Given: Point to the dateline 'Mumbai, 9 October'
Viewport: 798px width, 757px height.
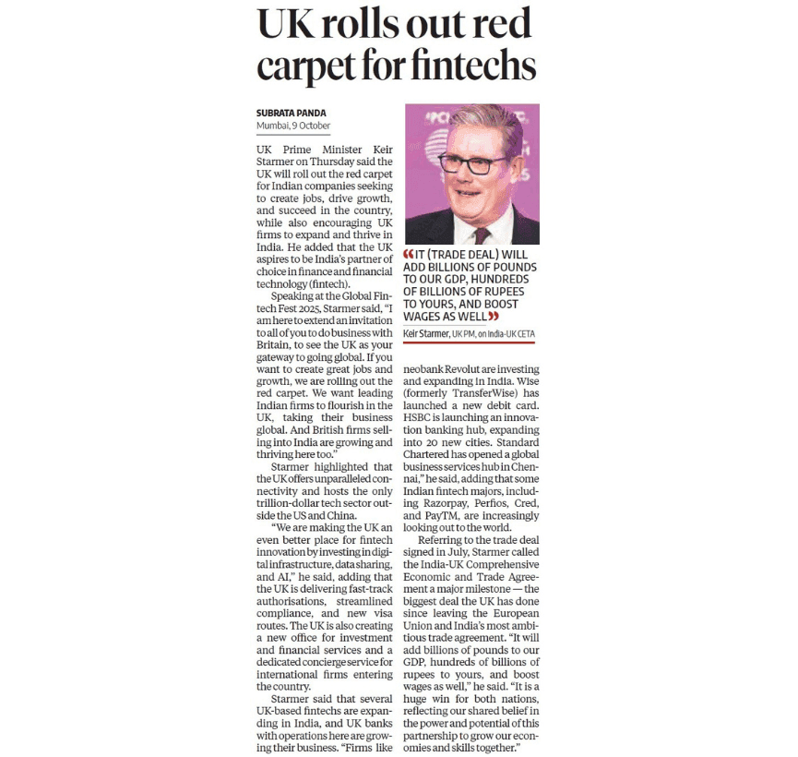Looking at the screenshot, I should click(x=293, y=126).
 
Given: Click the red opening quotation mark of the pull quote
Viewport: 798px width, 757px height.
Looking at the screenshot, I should click(x=410, y=255).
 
